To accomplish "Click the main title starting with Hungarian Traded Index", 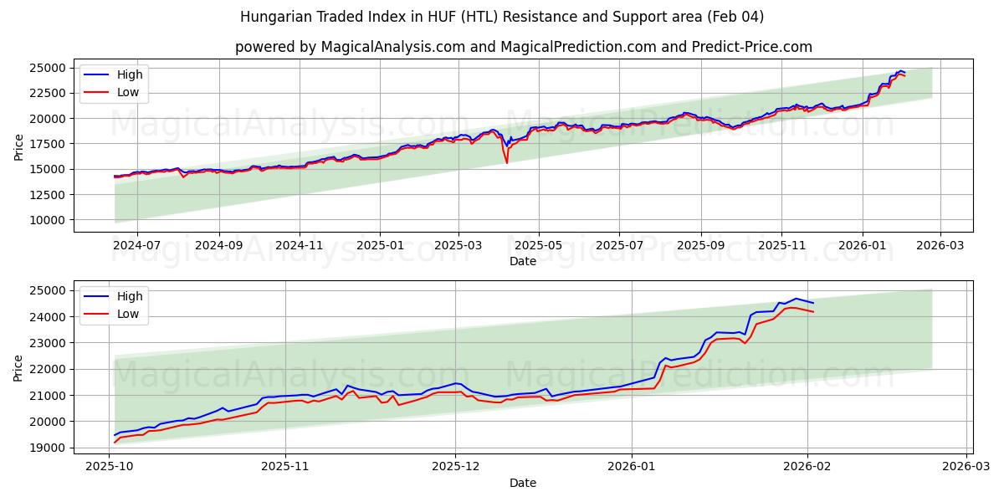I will [502, 17].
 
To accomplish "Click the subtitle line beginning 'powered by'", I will [523, 47].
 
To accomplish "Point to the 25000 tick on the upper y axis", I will [49, 68].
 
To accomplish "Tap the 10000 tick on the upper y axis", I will [49, 220].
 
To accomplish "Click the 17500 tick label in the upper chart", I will [49, 144].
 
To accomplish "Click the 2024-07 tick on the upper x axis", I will [136, 246].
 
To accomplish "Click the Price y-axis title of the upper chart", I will [19, 146].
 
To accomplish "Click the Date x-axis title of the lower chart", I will [523, 483].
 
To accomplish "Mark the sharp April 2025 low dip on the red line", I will [506, 162].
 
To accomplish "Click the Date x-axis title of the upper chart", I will [523, 261].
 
